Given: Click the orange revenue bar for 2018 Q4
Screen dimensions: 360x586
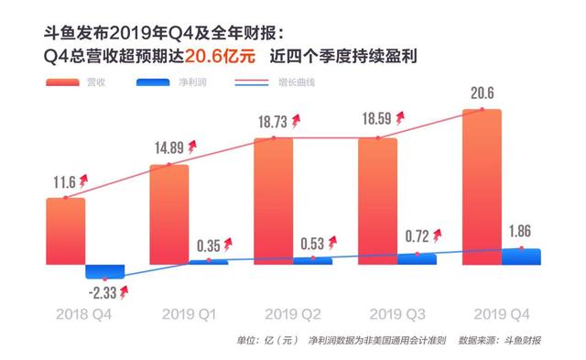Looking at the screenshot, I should coord(65,231).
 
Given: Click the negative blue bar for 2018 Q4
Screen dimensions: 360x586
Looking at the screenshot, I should coord(104,272).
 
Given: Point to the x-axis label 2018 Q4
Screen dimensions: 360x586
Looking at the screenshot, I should coord(83,314).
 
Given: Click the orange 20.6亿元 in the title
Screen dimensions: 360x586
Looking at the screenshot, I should coord(220,56).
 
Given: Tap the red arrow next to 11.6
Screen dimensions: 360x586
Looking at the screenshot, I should coord(83,180).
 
